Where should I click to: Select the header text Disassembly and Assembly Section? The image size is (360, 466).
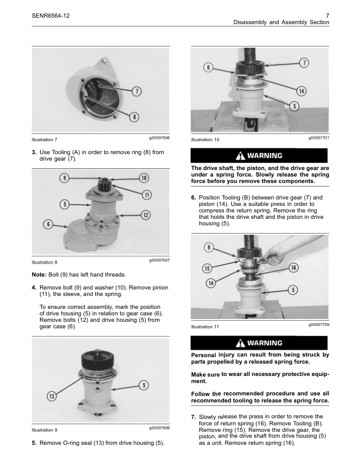281,22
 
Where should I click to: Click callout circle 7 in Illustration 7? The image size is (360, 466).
136,91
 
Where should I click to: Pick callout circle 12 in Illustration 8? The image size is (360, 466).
144,215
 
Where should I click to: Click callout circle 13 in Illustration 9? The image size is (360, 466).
52,396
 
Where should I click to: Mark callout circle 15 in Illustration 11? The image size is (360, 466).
208,268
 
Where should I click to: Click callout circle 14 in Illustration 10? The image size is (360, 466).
301,91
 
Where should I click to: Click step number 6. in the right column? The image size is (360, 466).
194,197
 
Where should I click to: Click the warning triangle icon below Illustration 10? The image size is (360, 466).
240,156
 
